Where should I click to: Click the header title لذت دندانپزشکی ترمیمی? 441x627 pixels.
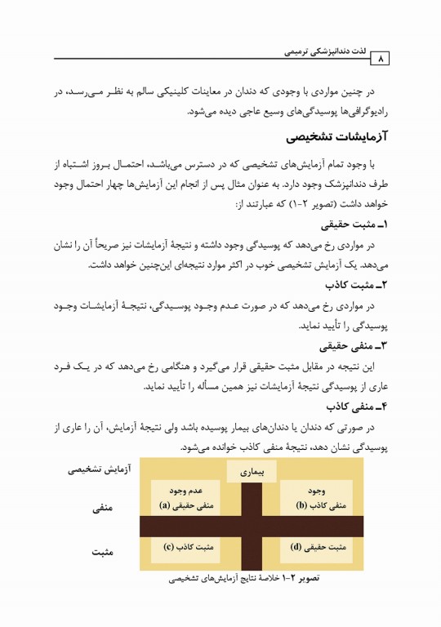point(324,51)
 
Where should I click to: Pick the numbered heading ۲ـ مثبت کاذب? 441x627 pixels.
point(357,284)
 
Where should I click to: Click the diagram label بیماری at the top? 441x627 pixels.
point(252,472)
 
